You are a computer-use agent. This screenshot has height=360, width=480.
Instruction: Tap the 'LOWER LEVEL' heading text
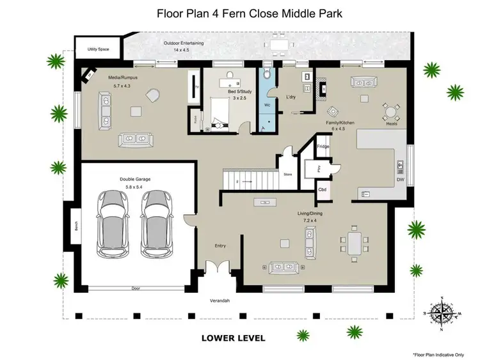(x=233, y=338)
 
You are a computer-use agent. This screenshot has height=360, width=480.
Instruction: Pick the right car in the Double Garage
(x=157, y=224)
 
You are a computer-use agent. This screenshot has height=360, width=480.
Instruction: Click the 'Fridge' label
(x=323, y=146)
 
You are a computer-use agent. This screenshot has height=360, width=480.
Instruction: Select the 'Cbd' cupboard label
(x=323, y=189)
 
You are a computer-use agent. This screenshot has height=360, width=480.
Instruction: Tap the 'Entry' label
(x=220, y=246)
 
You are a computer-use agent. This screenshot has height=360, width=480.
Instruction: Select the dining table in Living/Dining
(x=355, y=242)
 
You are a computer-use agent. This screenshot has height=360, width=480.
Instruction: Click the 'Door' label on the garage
(x=136, y=288)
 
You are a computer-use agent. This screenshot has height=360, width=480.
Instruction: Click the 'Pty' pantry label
(x=319, y=168)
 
